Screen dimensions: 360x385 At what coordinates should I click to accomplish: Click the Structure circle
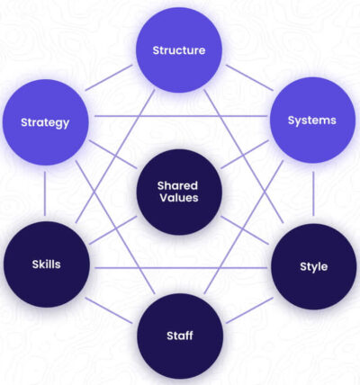coord(179,49)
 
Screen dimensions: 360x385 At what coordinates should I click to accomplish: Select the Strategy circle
coord(46,122)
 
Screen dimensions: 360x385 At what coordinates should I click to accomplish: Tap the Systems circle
coord(312,120)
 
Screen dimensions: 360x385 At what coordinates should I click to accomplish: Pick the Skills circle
coord(47,264)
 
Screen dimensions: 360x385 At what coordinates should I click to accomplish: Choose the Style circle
coord(314,266)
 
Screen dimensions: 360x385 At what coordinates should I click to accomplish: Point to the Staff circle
coord(180,336)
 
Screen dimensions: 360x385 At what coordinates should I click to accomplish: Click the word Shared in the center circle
coord(177,185)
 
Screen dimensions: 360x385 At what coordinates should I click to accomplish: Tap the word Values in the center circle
coord(179,198)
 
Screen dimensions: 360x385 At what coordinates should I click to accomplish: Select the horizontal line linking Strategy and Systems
coord(181,116)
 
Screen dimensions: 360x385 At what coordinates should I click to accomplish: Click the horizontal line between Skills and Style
coord(181,268)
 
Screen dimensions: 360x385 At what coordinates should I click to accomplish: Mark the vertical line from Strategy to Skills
coord(45,193)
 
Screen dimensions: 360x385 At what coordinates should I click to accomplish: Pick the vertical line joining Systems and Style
coord(313,193)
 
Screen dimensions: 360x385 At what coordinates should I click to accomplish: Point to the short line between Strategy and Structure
coord(109,77)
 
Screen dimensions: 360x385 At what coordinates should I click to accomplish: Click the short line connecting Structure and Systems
coord(249,77)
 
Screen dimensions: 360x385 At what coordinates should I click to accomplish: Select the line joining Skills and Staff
coord(109,310)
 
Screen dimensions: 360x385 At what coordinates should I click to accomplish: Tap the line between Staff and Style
coord(249,310)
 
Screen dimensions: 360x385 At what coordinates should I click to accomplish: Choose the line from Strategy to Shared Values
coord(113,155)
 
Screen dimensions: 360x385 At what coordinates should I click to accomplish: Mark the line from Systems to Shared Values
coord(245,155)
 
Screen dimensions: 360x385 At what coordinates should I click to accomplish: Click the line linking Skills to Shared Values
coord(113,230)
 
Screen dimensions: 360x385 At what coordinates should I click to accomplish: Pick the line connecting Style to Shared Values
coord(245,230)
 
